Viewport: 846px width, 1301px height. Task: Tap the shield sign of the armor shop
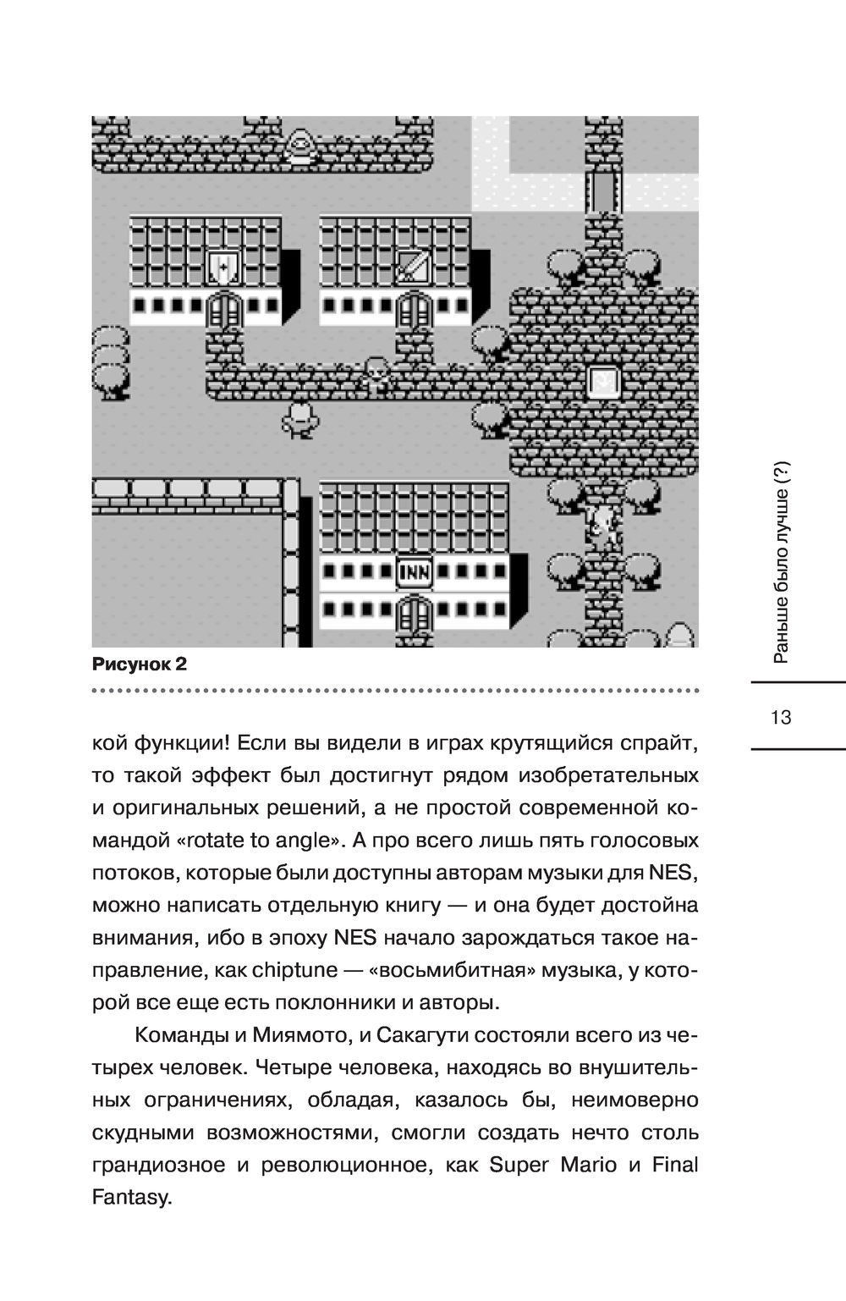click(224, 267)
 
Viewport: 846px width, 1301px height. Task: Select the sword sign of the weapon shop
click(415, 267)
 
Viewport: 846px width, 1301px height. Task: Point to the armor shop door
click(224, 309)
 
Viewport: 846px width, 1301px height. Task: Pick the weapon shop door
click(415, 309)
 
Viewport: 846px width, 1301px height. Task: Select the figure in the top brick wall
click(299, 145)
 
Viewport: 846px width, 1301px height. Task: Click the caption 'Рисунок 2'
click(139, 664)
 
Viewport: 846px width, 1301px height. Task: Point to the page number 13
click(781, 718)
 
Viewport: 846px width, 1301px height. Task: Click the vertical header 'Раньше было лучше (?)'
click(781, 563)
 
